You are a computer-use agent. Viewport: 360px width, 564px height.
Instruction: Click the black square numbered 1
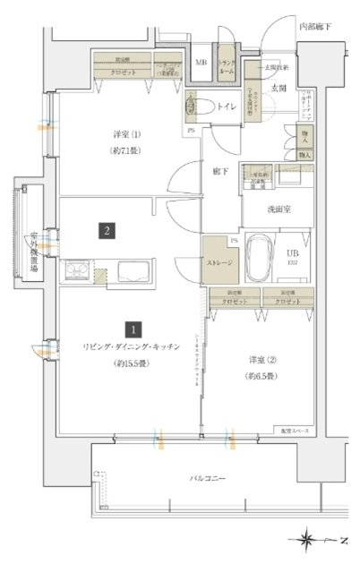[x=132, y=329]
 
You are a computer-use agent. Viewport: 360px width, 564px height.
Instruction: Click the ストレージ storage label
[x=219, y=264]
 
